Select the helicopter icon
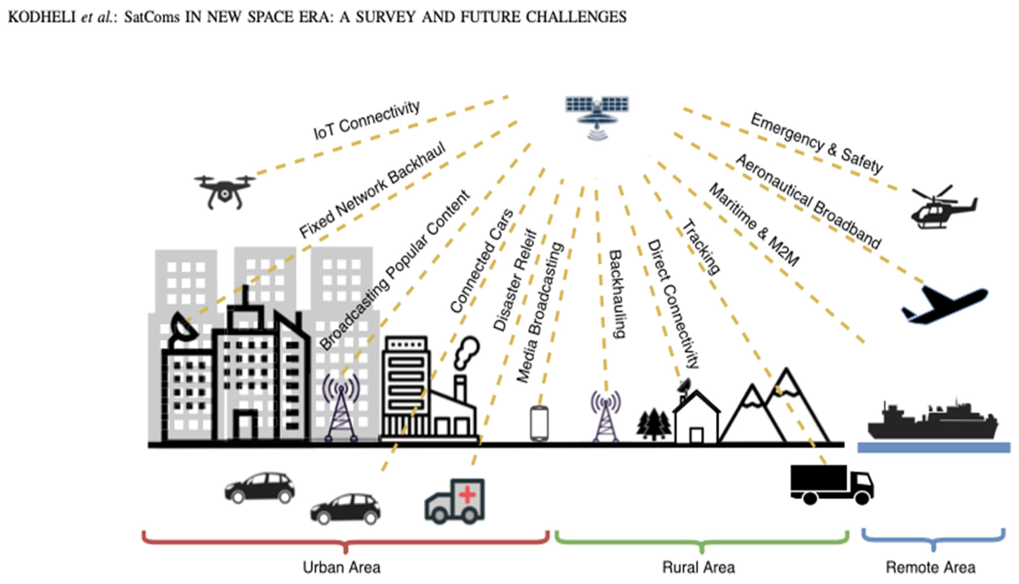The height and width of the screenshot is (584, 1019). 943,209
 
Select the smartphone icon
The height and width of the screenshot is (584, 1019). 539,423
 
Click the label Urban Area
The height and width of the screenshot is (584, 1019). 342,567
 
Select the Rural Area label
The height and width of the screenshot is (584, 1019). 698,567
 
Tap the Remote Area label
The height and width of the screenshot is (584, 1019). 930,567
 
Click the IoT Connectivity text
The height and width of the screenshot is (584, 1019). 367,120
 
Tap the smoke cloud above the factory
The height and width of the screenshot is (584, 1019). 466,351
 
